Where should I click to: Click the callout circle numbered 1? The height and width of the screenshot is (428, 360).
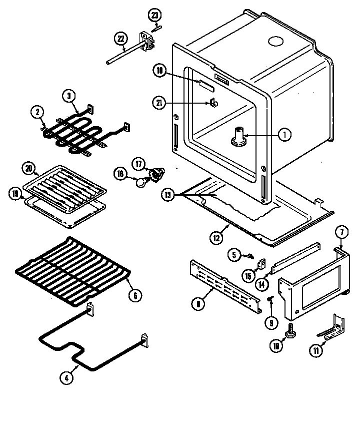(284, 134)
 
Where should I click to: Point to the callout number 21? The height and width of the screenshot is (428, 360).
(158, 103)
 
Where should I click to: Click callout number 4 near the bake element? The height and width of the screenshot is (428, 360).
(66, 378)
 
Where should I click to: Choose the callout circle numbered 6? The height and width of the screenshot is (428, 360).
(133, 295)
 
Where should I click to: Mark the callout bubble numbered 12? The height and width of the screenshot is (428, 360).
(216, 238)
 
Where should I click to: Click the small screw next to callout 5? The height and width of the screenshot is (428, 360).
(248, 256)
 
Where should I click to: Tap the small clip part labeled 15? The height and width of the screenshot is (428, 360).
(260, 263)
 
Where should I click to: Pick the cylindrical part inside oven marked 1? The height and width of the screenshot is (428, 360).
(239, 137)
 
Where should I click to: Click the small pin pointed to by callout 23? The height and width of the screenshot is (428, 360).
(155, 28)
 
